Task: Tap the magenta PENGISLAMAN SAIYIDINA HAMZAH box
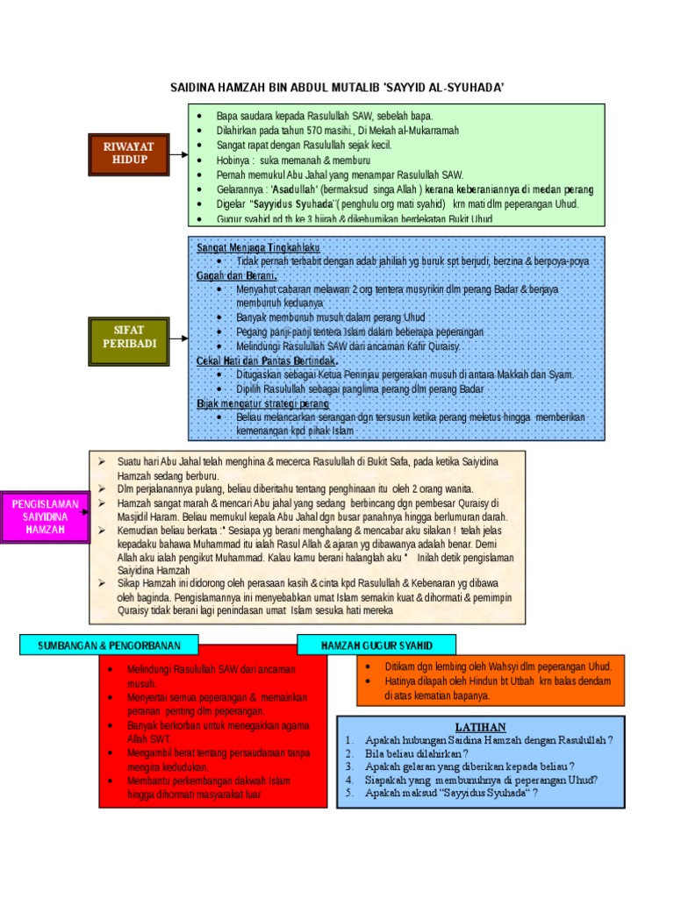tap(44, 517)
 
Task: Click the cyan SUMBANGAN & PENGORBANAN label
tap(109, 645)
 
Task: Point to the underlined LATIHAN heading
tap(480, 727)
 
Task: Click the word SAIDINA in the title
tap(193, 88)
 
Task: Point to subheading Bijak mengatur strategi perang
tap(262, 404)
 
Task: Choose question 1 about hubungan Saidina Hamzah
tap(489, 740)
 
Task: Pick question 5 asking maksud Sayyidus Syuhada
tap(451, 792)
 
